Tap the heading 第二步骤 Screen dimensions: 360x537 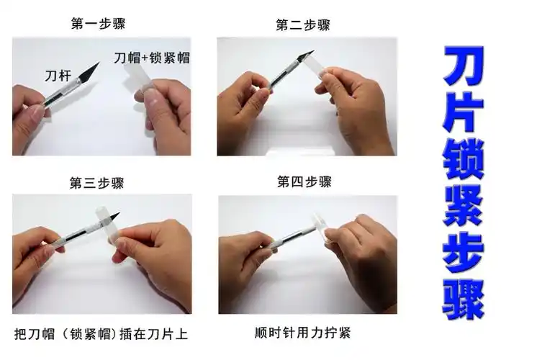[x=302, y=25]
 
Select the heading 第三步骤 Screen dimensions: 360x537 [x=96, y=183]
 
